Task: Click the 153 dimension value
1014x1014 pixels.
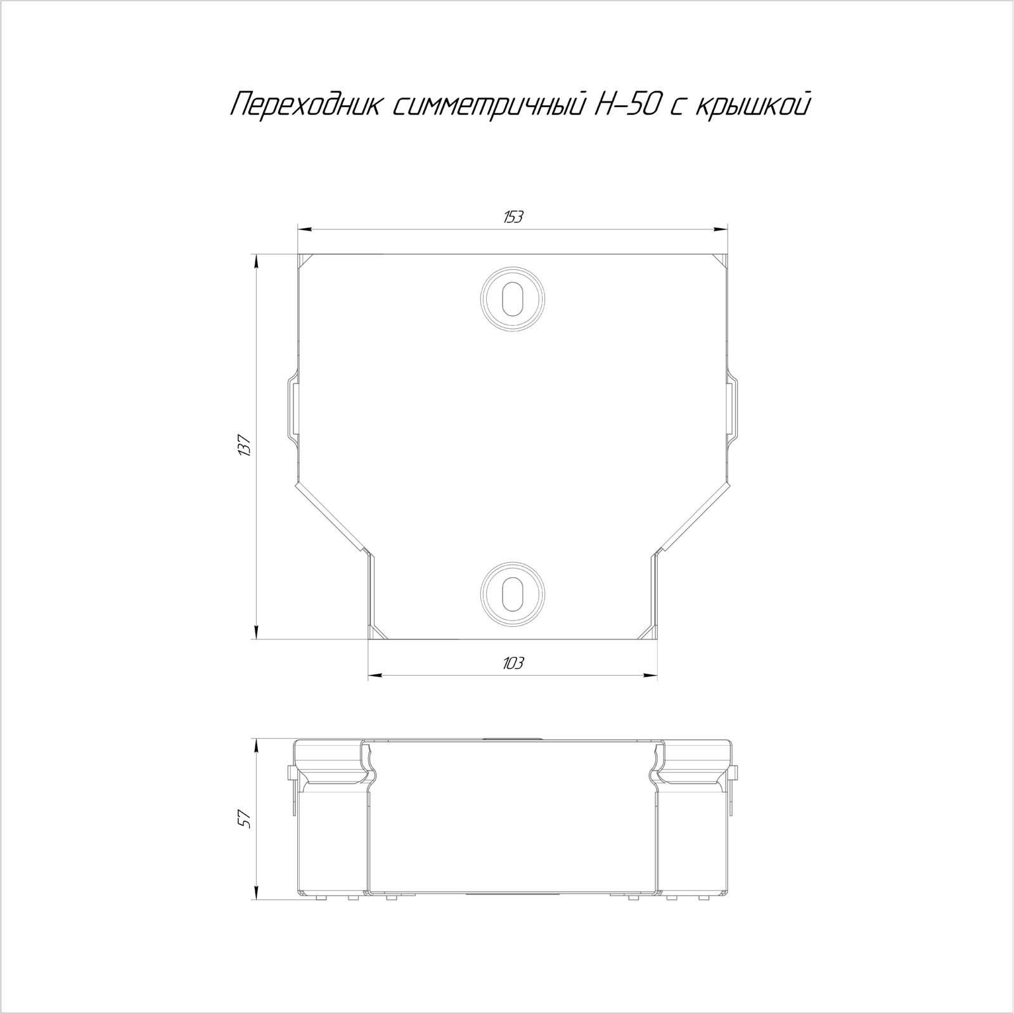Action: pos(513,217)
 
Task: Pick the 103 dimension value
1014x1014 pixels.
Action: pos(513,664)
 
